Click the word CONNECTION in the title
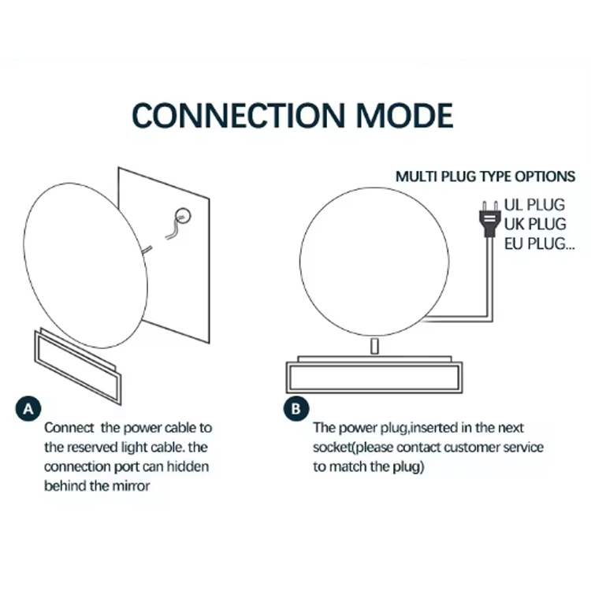tap(238, 115)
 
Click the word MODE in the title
tap(404, 115)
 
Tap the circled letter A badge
tap(28, 408)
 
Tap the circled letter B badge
tap(296, 408)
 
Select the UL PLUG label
tap(534, 205)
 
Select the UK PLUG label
tap(535, 224)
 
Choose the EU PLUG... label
tap(540, 243)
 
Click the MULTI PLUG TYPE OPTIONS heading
tap(485, 177)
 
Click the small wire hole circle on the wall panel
tap(183, 217)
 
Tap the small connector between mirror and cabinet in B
tap(374, 346)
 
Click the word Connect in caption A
tap(69, 428)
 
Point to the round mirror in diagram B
tap(374, 262)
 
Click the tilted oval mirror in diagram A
tap(86, 266)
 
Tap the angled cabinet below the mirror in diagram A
tap(78, 366)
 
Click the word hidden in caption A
tap(188, 466)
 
